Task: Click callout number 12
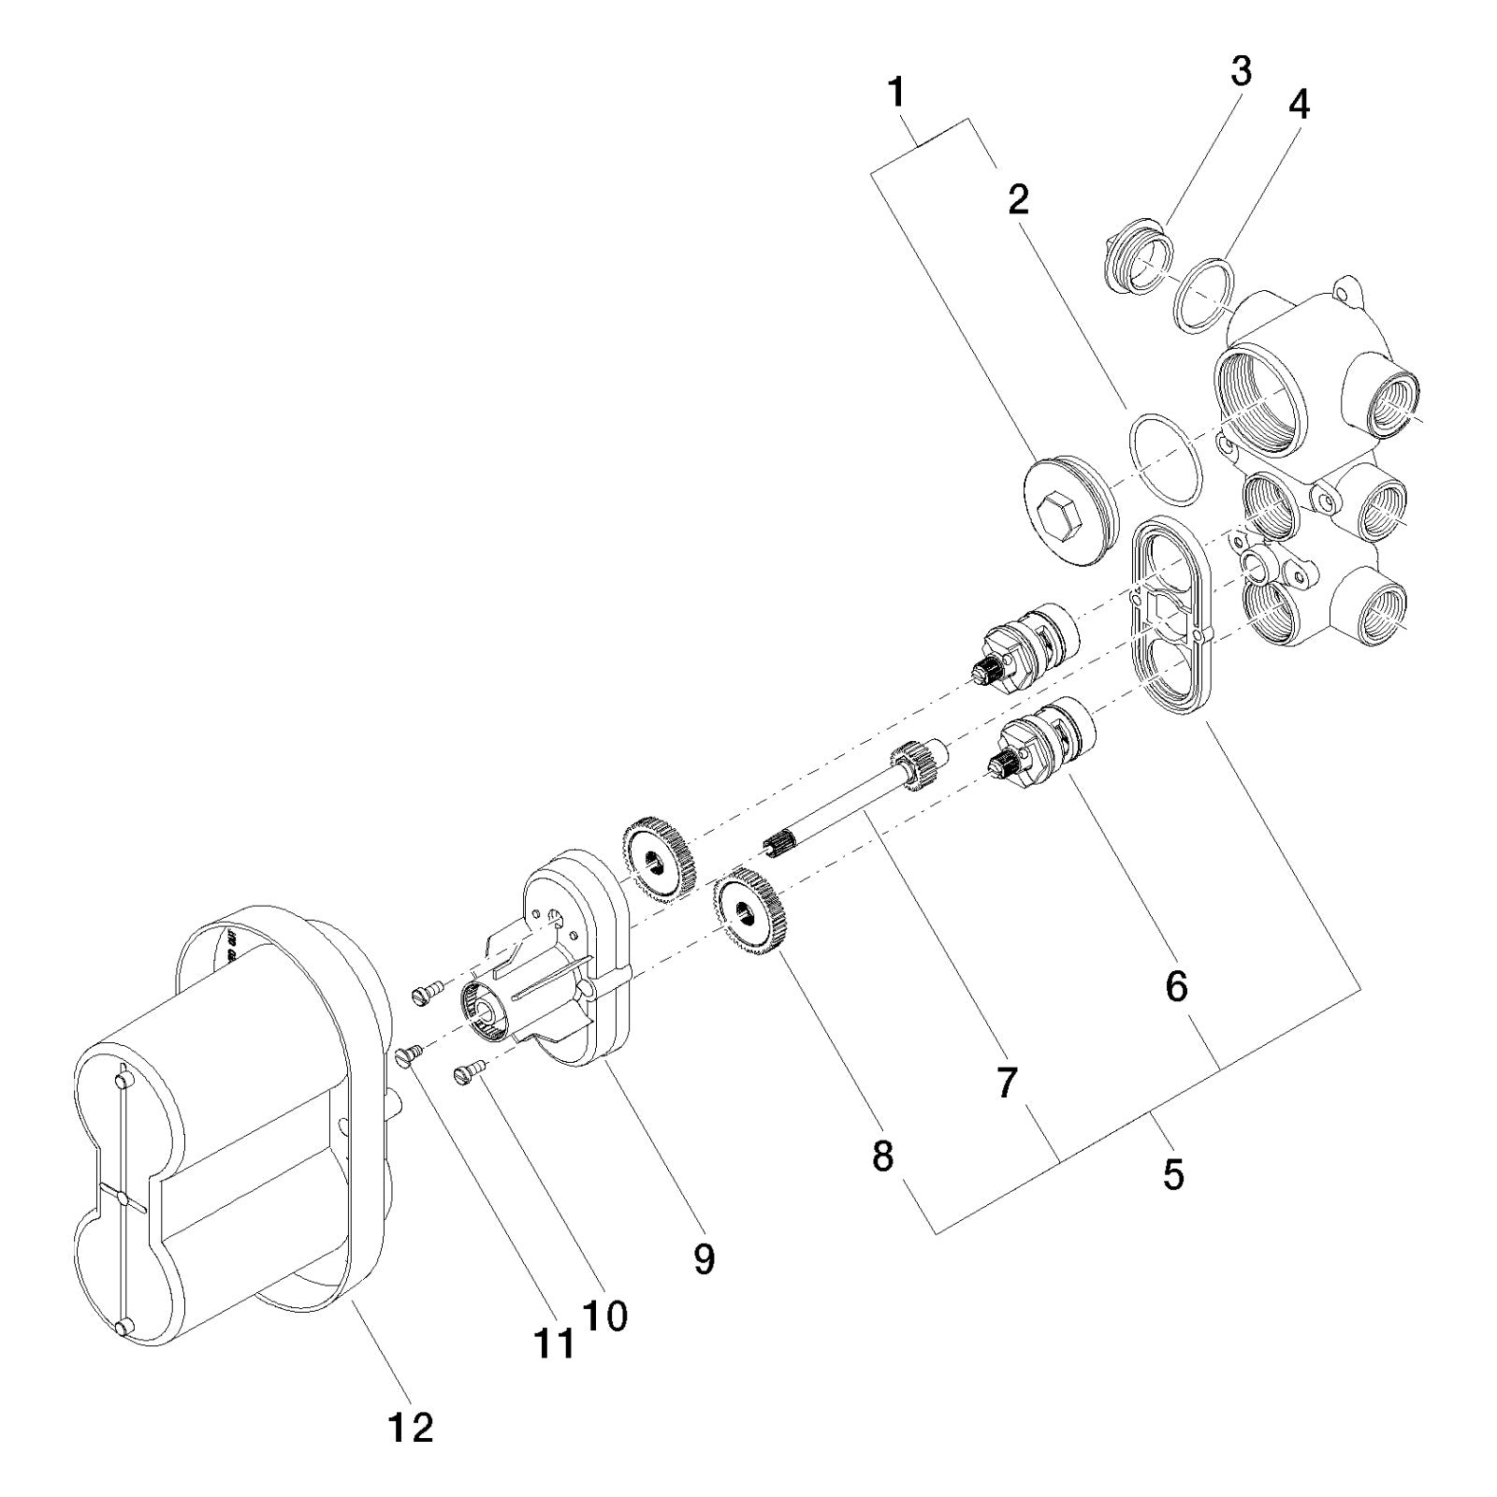[411, 1428]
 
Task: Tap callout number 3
[1241, 71]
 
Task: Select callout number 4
[1299, 105]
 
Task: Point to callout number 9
[704, 1258]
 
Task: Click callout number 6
[1176, 985]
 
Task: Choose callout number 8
[882, 1157]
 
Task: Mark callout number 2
[1018, 198]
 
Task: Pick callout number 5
[1173, 1174]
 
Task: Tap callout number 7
[1007, 1083]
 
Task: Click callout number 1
[896, 94]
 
